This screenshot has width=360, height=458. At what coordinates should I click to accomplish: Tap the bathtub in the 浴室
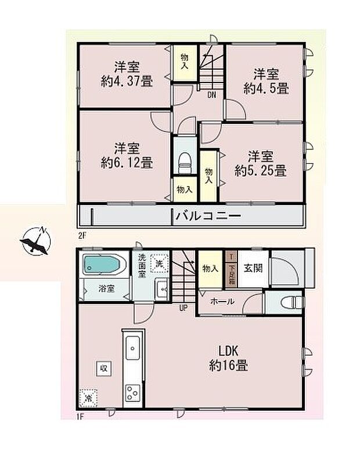point(103,266)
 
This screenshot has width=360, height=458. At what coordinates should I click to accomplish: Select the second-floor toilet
point(183,160)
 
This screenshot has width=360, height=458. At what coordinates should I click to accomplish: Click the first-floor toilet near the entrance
point(293,302)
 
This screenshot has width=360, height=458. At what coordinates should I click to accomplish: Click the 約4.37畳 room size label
point(127,81)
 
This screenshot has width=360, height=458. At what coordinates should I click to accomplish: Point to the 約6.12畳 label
point(127,163)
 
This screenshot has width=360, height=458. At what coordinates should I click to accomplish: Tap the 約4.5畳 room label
point(266,89)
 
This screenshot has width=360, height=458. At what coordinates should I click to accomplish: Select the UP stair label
point(183,307)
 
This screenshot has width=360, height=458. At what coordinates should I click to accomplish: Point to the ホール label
point(222,301)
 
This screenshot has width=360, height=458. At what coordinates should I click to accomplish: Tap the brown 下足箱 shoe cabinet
point(231,269)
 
